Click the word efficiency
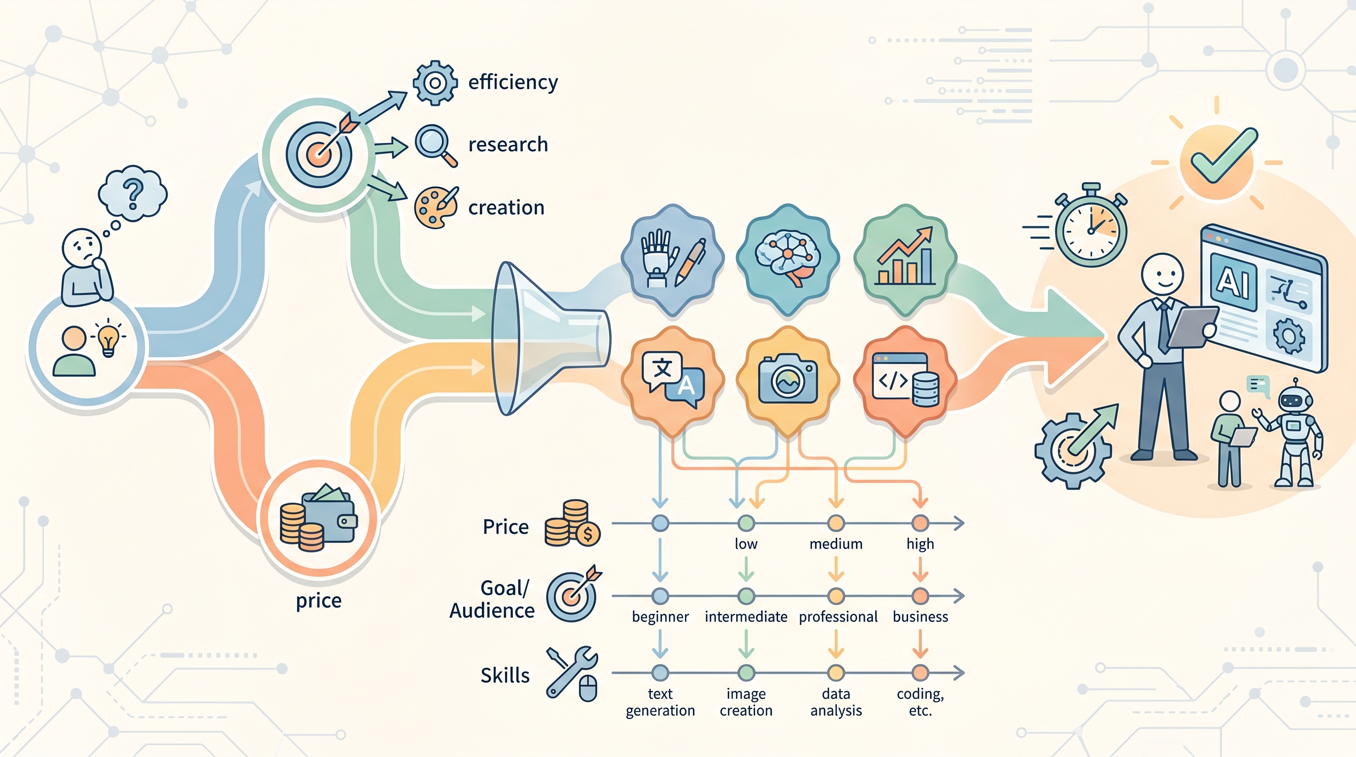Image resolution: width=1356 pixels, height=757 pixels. [x=513, y=82]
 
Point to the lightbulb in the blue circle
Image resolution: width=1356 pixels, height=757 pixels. [x=109, y=337]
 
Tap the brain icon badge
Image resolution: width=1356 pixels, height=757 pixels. [x=787, y=259]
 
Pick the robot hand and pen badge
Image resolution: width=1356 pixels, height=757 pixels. [x=673, y=259]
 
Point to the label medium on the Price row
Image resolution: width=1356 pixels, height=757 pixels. [x=836, y=544]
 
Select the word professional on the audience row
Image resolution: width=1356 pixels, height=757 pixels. [x=838, y=617]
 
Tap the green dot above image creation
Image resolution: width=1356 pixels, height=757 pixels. [x=746, y=672]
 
